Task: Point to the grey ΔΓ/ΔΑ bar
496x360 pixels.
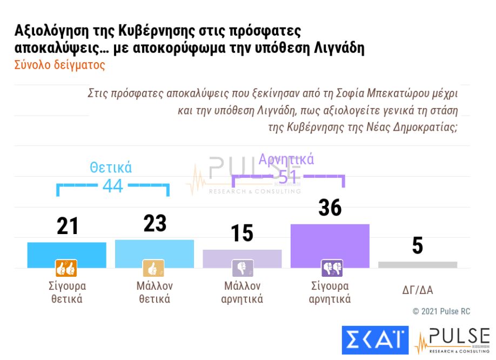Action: [417, 265]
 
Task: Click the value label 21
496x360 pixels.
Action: [68, 226]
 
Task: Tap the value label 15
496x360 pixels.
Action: [242, 234]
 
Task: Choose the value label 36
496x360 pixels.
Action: [330, 208]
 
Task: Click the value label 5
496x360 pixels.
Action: [417, 246]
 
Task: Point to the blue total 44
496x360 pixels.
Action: [113, 186]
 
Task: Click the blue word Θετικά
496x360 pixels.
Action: [111, 168]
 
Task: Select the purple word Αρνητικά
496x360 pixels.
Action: [286, 159]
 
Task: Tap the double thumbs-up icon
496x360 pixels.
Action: [66, 268]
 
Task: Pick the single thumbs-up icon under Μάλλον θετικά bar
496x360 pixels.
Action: [153, 268]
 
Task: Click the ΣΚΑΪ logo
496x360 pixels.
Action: [374, 340]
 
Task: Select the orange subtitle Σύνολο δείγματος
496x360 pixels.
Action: [59, 65]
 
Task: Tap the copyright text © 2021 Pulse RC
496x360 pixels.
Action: [441, 311]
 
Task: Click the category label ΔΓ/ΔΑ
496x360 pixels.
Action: [417, 290]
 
